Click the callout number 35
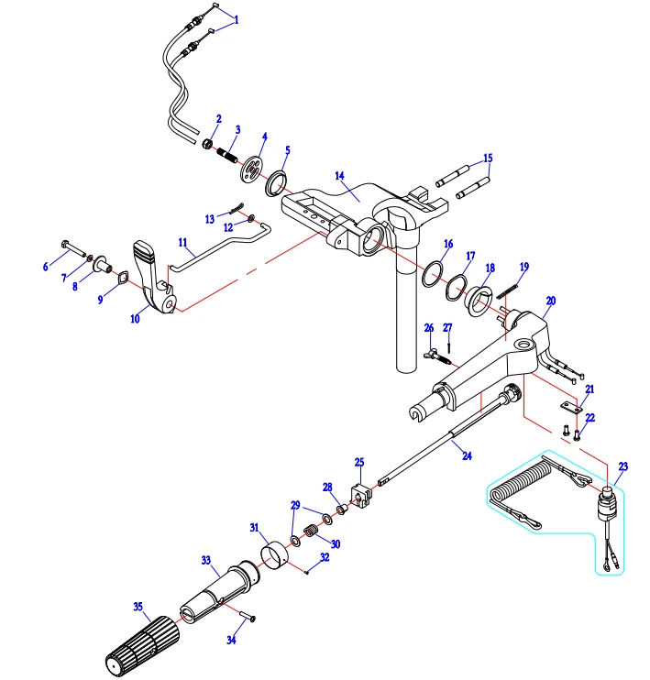coord(138,607)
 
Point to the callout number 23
coord(622,466)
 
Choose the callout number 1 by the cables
coord(237,18)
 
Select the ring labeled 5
coord(276,183)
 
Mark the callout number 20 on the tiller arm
coord(550,300)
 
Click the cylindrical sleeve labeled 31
coord(273,555)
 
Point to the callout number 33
coord(205,558)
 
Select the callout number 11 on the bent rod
coord(184,246)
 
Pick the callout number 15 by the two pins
coord(488,157)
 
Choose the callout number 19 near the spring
coord(523,266)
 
